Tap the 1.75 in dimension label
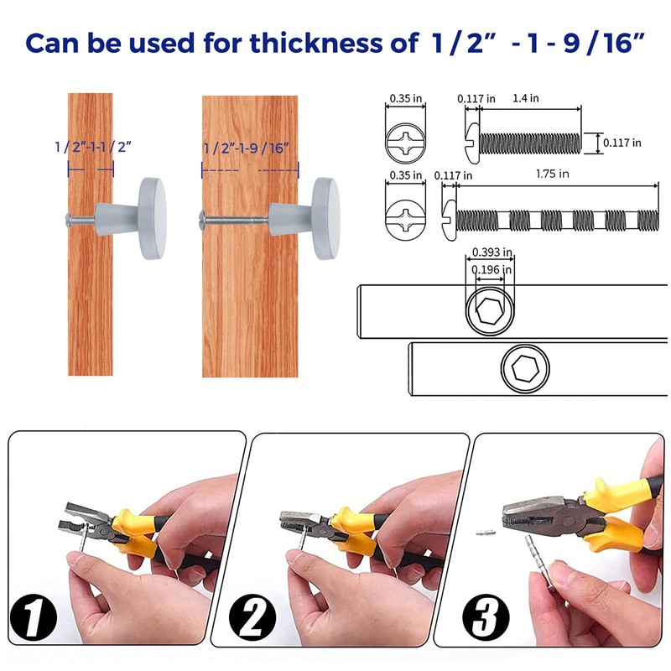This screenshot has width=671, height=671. coord(551,174)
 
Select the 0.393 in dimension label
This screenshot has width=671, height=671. coord(492,252)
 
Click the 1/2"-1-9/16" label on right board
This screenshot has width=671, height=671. coord(249,148)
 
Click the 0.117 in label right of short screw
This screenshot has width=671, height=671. coord(622,143)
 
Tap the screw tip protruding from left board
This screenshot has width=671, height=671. coord(65,221)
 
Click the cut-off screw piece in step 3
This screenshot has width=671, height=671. coord(484,531)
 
